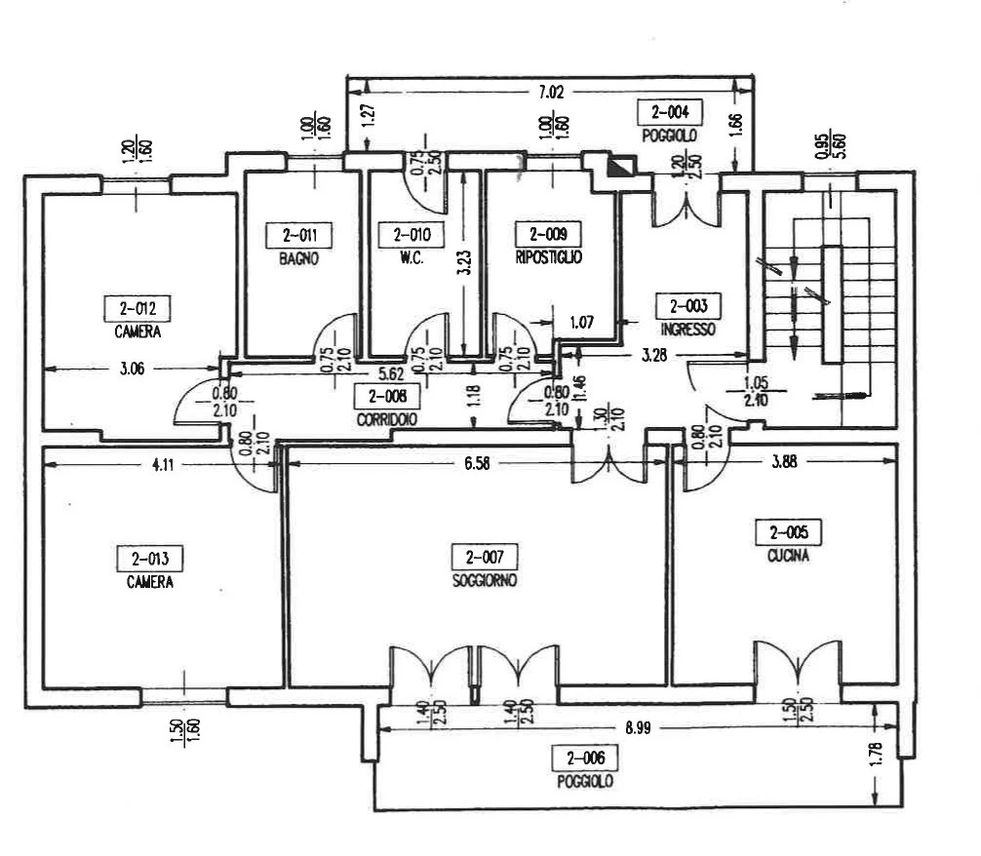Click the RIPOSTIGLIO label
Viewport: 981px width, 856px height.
pos(549,258)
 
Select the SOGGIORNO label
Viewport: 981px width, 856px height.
pos(484,580)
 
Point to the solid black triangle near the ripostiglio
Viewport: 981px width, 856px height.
pos(619,166)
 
